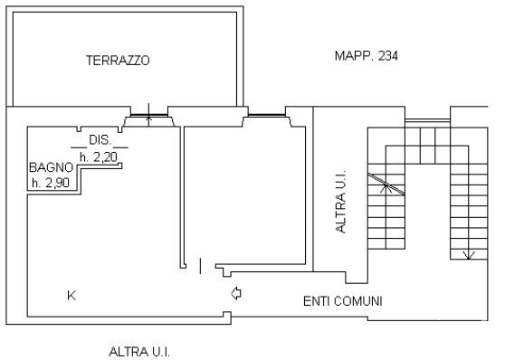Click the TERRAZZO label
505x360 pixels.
coord(118,61)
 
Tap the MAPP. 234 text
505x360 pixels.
coord(367,56)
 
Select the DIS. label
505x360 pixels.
coord(100,140)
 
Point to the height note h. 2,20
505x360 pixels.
coord(99,157)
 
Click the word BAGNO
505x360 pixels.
coord(52,167)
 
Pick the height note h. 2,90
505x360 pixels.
coord(51,183)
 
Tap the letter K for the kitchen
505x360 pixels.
coord(71,295)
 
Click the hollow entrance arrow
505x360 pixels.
coord(236,293)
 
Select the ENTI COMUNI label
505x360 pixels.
coord(343,301)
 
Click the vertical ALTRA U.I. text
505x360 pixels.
coord(340,201)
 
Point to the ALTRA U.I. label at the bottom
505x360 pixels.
coord(139,352)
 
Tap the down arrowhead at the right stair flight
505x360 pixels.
coord(469,255)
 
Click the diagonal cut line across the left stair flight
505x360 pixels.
coord(386,185)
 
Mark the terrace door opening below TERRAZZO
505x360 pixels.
coord(148,116)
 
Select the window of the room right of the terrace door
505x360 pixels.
coord(267,115)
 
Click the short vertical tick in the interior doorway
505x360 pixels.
coord(200,266)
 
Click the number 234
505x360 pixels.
coord(388,56)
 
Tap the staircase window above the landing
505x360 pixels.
coord(427,120)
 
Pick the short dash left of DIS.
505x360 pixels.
coord(79,147)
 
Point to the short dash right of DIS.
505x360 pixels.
coord(120,147)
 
